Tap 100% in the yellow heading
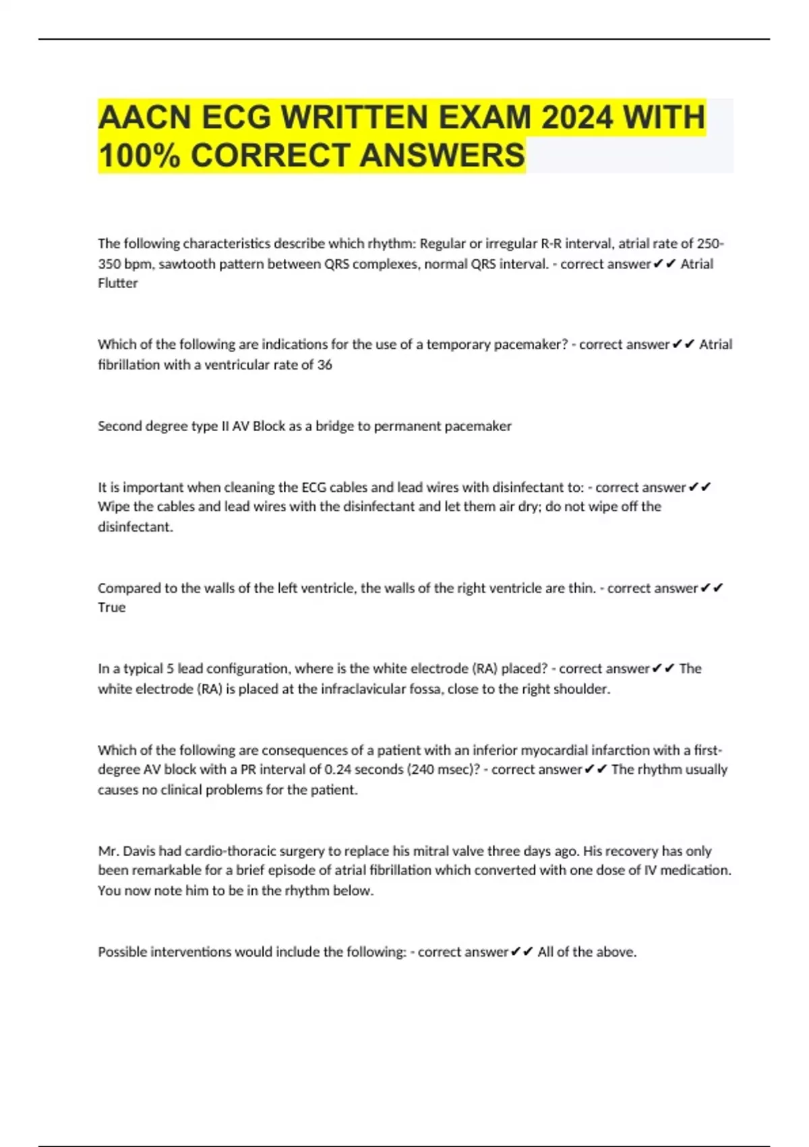[x=139, y=155]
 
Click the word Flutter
[x=118, y=283]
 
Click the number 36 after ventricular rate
[x=324, y=365]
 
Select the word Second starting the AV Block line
[x=121, y=426]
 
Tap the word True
[x=112, y=607]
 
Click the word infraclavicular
[x=363, y=689]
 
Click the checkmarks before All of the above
[x=522, y=952]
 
